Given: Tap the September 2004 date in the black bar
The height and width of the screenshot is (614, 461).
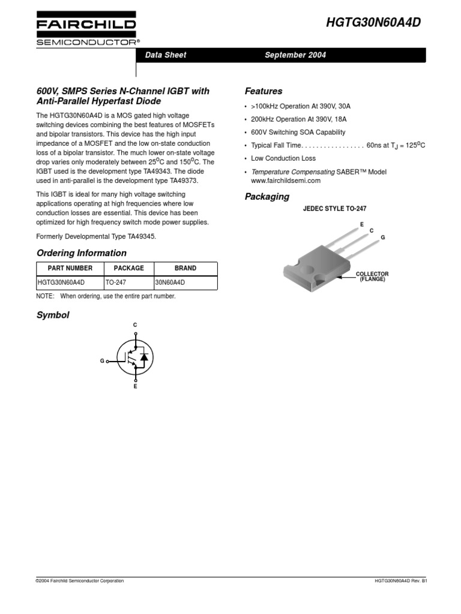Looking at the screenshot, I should click(295, 55).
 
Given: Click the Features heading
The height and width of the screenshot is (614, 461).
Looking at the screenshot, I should click(264, 92).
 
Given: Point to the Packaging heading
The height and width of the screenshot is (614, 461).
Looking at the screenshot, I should click(267, 197).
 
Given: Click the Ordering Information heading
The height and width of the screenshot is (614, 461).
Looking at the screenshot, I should click(82, 253).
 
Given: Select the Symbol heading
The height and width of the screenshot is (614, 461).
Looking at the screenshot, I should click(53, 315).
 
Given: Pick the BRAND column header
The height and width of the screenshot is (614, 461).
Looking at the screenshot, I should click(185, 268).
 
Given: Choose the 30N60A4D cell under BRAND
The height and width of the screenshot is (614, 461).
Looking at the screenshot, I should click(170, 282).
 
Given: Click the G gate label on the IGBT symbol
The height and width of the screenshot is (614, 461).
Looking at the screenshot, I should click(102, 362).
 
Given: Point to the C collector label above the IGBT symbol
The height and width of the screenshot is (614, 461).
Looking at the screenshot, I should click(135, 325).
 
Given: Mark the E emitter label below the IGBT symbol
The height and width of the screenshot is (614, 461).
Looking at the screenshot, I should click(135, 387).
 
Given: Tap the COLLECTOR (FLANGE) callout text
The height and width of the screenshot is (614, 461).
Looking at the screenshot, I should click(373, 276).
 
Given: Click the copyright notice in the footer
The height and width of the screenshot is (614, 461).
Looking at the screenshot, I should click(80, 581).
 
